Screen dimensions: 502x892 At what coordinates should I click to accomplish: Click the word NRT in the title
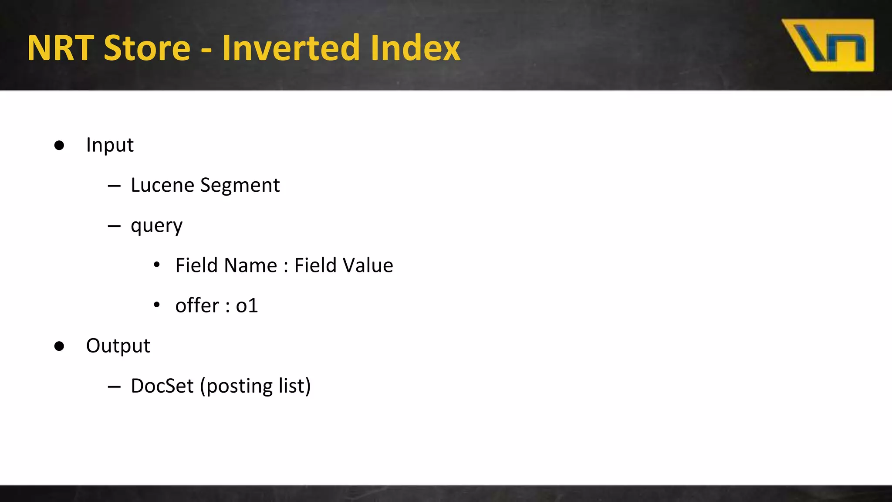click(61, 47)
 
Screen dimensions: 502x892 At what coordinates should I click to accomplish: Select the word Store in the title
click(147, 47)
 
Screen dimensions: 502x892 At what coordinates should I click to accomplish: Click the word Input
click(110, 145)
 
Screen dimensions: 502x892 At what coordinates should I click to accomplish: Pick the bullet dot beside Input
click(59, 146)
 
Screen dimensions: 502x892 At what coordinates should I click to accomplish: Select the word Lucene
click(162, 185)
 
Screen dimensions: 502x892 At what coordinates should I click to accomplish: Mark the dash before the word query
click(114, 226)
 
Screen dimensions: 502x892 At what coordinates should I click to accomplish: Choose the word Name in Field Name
click(254, 265)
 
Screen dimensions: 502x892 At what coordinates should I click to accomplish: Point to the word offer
click(197, 305)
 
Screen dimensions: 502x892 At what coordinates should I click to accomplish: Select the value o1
click(247, 305)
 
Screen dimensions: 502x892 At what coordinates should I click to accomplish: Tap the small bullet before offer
click(157, 305)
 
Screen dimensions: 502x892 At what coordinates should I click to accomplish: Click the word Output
click(118, 346)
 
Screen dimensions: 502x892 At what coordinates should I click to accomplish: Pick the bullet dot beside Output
click(59, 346)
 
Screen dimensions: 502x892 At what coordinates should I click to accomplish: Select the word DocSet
click(162, 386)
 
